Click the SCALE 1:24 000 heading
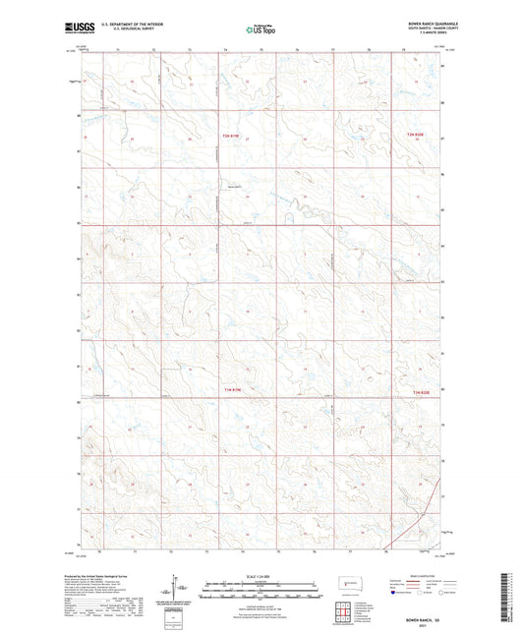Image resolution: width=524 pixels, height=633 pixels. coord(261,574)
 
